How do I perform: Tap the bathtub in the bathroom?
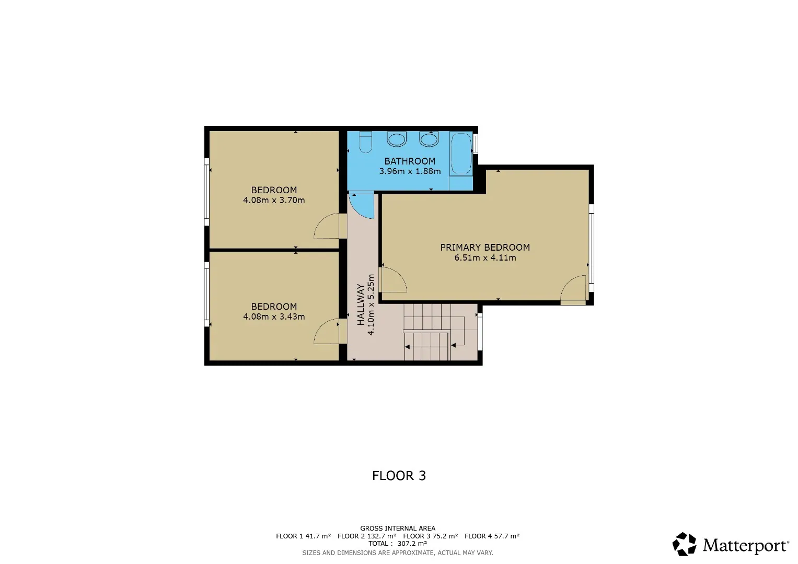pyautogui.click(x=461, y=154)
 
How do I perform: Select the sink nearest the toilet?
pyautogui.click(x=397, y=139)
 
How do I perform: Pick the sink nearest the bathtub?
pyautogui.click(x=429, y=139)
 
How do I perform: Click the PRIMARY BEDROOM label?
pyautogui.click(x=485, y=247)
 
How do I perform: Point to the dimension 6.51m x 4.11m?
pyautogui.click(x=485, y=257)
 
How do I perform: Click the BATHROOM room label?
pyautogui.click(x=410, y=161)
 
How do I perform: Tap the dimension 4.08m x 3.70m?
pyautogui.click(x=274, y=200)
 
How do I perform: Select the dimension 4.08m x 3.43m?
pyautogui.click(x=274, y=316)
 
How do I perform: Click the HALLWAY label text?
pyautogui.click(x=361, y=304)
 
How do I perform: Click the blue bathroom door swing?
pyautogui.click(x=361, y=205)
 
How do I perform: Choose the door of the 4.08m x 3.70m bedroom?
pyautogui.click(x=326, y=226)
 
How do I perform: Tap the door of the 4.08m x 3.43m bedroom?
pyautogui.click(x=326, y=331)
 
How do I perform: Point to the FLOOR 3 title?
pyautogui.click(x=399, y=476)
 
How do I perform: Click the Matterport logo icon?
pyautogui.click(x=685, y=544)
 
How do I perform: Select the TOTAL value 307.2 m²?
pyautogui.click(x=412, y=543)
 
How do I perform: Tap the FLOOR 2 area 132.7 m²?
pyautogui.click(x=381, y=536)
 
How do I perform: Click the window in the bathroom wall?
pyautogui.click(x=475, y=144)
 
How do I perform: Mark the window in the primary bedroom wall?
pyautogui.click(x=592, y=248)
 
